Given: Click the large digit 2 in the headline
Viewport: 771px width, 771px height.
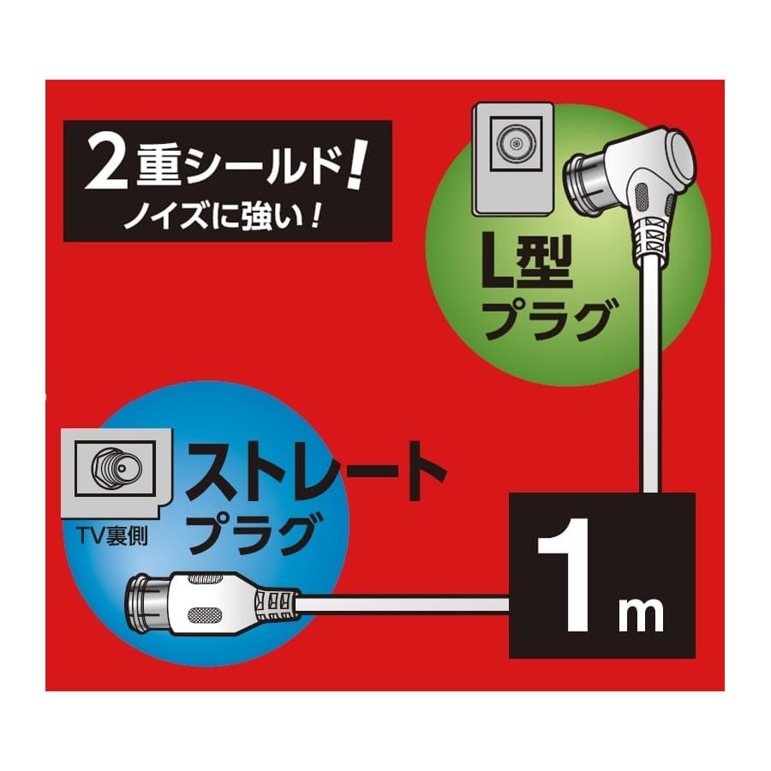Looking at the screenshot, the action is (105, 163).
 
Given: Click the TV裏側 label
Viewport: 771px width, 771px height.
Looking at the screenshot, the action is (112, 537).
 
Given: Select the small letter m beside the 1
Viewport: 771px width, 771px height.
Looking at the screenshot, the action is (640, 613).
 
